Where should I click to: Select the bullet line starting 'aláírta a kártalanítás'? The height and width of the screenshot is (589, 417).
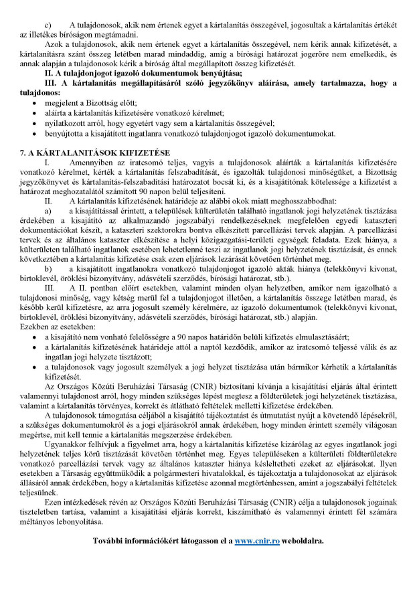coord(134,114)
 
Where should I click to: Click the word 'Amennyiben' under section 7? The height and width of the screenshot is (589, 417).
coord(92,163)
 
